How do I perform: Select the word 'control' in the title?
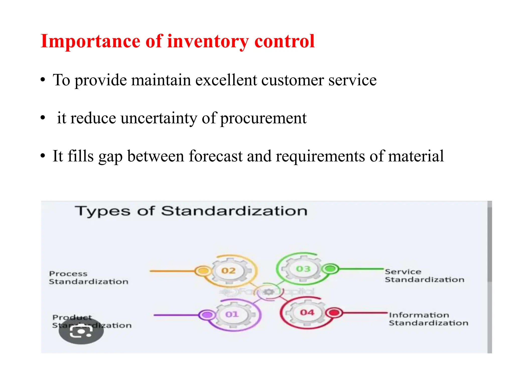click(x=284, y=41)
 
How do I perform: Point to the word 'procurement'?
click(x=263, y=118)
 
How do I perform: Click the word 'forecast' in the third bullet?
click(x=216, y=156)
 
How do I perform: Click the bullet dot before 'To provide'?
click(x=43, y=80)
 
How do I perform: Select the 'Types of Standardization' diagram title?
click(x=191, y=211)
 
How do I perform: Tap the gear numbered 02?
click(x=228, y=271)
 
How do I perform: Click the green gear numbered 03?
click(x=303, y=269)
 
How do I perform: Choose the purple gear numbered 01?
click(x=232, y=314)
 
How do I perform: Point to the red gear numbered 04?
click(x=307, y=312)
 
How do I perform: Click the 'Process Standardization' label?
click(x=88, y=278)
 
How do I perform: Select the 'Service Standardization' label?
click(x=424, y=276)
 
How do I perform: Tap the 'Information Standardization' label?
click(x=428, y=319)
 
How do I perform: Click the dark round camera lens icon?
click(x=81, y=331)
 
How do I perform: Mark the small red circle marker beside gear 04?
click(x=334, y=313)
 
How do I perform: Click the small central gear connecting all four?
click(x=269, y=292)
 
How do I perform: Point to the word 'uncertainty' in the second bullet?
click(x=159, y=118)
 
